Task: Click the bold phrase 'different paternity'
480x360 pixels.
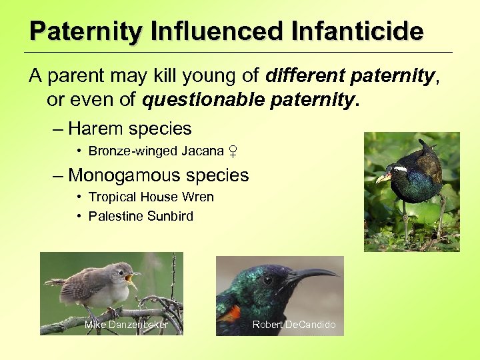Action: [349, 76]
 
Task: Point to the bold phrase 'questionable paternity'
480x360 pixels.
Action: [247, 99]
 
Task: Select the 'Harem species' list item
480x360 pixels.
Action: [129, 129]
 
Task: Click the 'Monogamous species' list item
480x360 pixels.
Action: [158, 175]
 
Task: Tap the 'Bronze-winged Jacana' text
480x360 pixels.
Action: [156, 151]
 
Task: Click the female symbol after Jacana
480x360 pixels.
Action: [233, 151]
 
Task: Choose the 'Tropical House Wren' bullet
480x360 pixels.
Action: [151, 197]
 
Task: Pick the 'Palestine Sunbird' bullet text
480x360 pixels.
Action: [141, 216]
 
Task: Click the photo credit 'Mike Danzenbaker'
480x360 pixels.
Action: [126, 325]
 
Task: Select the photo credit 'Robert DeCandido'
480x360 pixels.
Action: [294, 325]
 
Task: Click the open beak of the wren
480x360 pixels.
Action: [132, 275]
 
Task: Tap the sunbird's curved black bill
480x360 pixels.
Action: [313, 273]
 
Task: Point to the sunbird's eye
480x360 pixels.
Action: [266, 280]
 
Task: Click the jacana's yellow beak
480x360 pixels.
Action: [383, 177]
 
